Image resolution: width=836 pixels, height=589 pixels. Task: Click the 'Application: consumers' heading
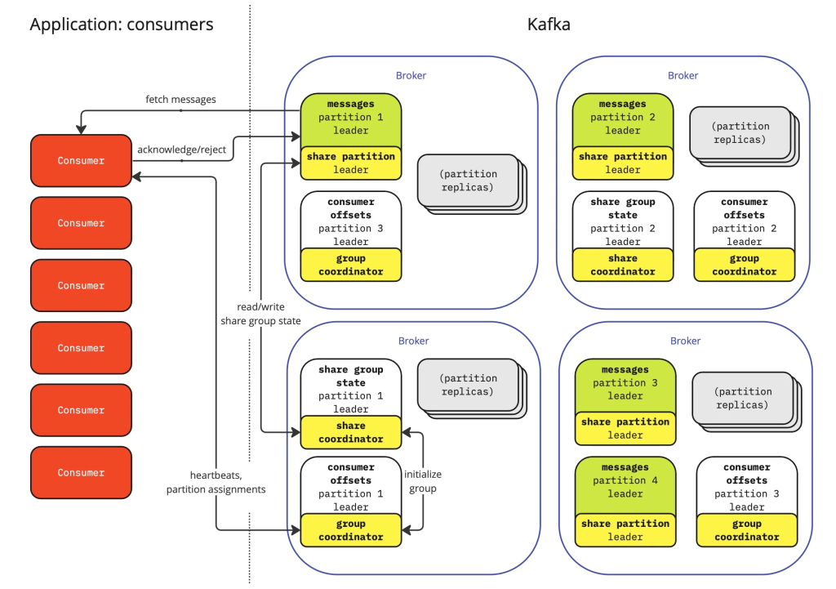[x=122, y=25]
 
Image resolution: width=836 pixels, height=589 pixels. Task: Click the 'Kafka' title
[x=549, y=25]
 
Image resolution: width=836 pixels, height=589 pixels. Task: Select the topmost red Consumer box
[x=81, y=161]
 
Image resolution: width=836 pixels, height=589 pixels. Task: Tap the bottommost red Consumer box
[x=81, y=473]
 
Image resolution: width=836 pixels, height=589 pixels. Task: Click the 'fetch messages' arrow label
[x=180, y=100]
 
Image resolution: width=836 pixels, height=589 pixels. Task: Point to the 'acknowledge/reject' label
[x=181, y=149]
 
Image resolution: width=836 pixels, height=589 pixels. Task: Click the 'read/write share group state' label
[x=260, y=315]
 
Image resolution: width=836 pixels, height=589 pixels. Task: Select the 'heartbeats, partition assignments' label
[x=216, y=483]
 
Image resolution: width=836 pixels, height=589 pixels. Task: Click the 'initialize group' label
[x=423, y=482]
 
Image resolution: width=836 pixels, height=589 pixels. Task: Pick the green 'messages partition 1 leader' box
[x=350, y=118]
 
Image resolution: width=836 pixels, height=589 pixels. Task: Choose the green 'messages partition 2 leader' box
[x=622, y=118]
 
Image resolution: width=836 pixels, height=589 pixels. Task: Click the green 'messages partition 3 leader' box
[x=625, y=383]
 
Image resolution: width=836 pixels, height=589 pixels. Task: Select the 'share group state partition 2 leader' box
[x=622, y=221]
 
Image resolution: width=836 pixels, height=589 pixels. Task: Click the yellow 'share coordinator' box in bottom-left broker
[x=350, y=432]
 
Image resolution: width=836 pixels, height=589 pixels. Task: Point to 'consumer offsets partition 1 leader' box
[x=350, y=487]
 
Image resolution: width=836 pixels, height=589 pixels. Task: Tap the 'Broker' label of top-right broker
[x=683, y=76]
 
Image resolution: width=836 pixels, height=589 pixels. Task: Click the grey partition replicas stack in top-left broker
[x=468, y=181]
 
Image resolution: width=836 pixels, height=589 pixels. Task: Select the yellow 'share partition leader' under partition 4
[x=625, y=530]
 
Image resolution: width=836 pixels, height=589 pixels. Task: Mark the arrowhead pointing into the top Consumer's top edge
[x=81, y=129]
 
